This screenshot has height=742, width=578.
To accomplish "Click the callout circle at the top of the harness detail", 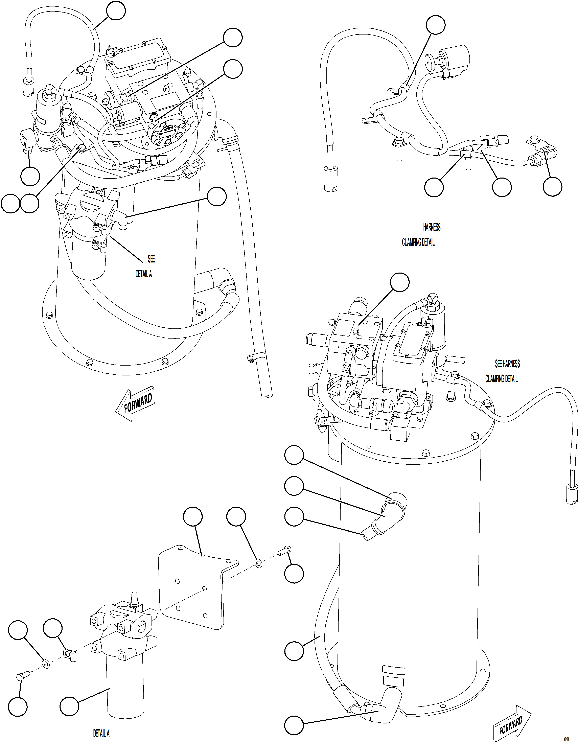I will click(436, 24).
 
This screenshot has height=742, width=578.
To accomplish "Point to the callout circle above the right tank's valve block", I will click(399, 282).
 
